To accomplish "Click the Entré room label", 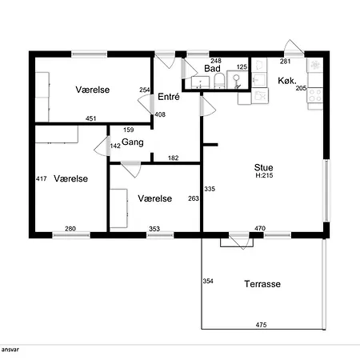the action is pyautogui.click(x=169, y=97).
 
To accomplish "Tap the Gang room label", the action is pyautogui.click(x=133, y=142).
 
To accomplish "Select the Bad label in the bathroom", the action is pyautogui.click(x=212, y=69).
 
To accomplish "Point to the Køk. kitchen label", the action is pyautogui.click(x=287, y=81).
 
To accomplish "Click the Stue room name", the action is pyautogui.click(x=263, y=167).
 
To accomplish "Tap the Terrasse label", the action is pyautogui.click(x=262, y=284).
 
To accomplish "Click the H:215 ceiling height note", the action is pyautogui.click(x=264, y=175).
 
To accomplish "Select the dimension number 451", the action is pyautogui.click(x=91, y=118).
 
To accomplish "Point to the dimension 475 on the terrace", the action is pyautogui.click(x=261, y=325).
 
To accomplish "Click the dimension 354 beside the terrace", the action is pyautogui.click(x=208, y=281).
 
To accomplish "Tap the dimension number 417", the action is pyautogui.click(x=42, y=178).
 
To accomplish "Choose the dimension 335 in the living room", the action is pyautogui.click(x=210, y=189).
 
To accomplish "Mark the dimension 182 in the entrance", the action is pyautogui.click(x=174, y=158).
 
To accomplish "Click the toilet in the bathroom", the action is pyautogui.click(x=219, y=81).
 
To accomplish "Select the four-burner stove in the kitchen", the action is pyautogui.click(x=315, y=95).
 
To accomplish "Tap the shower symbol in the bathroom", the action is pyautogui.click(x=236, y=79).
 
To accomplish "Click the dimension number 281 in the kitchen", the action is pyautogui.click(x=285, y=62).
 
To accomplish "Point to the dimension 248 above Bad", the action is pyautogui.click(x=216, y=61).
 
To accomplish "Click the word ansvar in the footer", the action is pyautogui.click(x=10, y=350).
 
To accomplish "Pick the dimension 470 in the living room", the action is pyautogui.click(x=260, y=228).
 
